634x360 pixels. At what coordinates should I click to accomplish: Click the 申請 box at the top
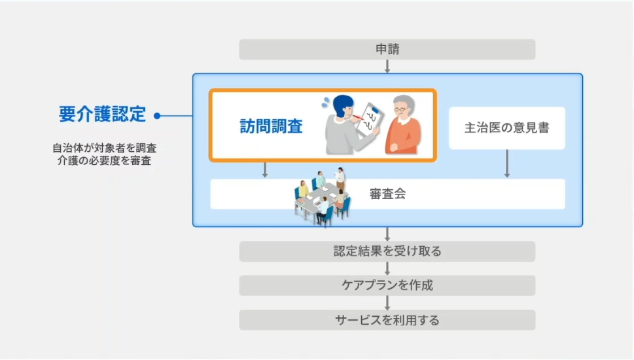pyautogui.click(x=387, y=49)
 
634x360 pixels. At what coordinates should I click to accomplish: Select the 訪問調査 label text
pyautogui.click(x=271, y=126)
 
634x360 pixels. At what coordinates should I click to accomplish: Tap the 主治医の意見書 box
pyautogui.click(x=506, y=128)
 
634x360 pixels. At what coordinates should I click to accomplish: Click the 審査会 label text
pyautogui.click(x=387, y=194)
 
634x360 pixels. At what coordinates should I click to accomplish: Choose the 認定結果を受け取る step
pyautogui.click(x=387, y=251)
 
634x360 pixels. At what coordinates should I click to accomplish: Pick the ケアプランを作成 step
pyautogui.click(x=387, y=285)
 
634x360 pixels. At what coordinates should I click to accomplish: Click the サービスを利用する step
pyautogui.click(x=387, y=320)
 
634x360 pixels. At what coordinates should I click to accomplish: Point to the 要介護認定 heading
pyautogui.click(x=102, y=115)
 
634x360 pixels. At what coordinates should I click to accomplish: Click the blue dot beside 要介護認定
pyautogui.click(x=157, y=117)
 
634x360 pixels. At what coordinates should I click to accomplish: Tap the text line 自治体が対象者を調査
pyautogui.click(x=104, y=147)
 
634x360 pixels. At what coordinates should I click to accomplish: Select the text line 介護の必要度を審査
pyautogui.click(x=104, y=160)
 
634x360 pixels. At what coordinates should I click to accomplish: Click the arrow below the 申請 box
pyautogui.click(x=387, y=66)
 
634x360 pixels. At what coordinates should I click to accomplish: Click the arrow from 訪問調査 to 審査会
pyautogui.click(x=265, y=170)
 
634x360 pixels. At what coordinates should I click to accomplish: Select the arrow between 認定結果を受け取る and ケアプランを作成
pyautogui.click(x=387, y=268)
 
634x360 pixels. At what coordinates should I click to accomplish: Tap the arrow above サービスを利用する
pyautogui.click(x=387, y=302)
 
